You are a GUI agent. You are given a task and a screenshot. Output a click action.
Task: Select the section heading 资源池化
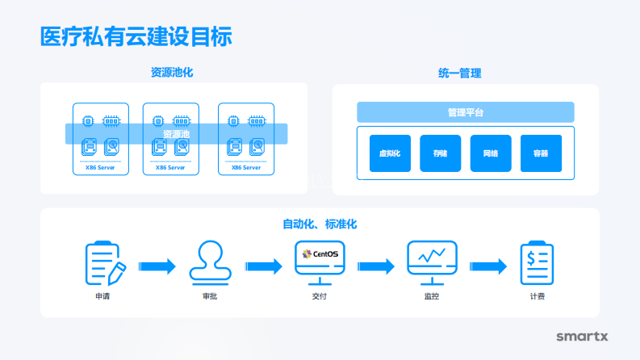172,73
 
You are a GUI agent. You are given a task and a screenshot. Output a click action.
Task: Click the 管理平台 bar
466,112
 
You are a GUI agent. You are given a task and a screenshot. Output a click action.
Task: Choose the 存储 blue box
440,153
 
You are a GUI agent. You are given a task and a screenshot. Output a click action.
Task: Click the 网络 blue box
491,153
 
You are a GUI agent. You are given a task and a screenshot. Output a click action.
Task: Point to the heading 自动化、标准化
320,224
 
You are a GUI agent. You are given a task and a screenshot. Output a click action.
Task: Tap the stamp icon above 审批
210,262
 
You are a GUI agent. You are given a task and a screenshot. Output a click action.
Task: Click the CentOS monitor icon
320,261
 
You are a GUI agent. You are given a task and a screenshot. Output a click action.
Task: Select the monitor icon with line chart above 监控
432,261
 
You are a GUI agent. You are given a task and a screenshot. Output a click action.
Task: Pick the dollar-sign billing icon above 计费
537,262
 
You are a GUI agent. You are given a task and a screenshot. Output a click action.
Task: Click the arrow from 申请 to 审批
157,266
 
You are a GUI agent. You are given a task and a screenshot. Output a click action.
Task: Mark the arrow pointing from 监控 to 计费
488,266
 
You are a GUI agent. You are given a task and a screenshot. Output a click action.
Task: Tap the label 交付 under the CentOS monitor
320,296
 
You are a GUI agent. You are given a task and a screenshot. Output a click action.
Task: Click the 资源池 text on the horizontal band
177,134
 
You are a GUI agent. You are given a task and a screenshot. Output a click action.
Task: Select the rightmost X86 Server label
246,168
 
